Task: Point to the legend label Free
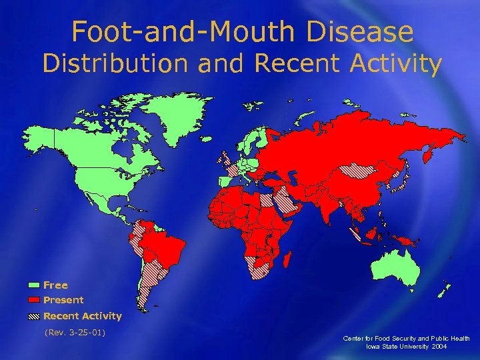[x=55, y=285]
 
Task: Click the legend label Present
[x=63, y=301]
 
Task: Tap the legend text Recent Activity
[x=82, y=316]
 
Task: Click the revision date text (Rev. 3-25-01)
[x=75, y=332]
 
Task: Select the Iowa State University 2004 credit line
[x=406, y=347]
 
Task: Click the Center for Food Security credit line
[x=406, y=339]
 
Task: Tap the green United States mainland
[x=100, y=180]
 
